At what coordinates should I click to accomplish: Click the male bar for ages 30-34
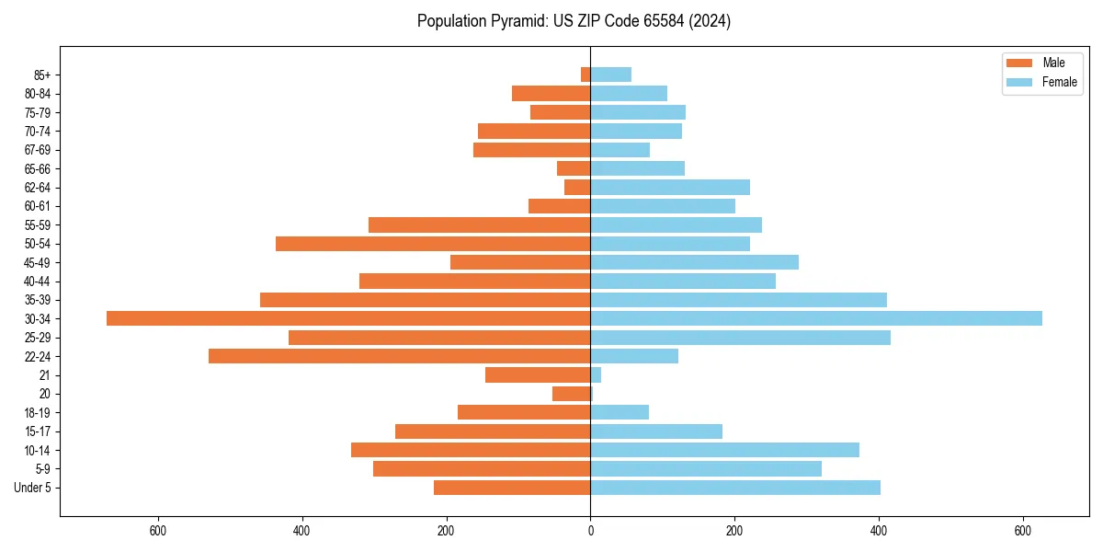coord(348,318)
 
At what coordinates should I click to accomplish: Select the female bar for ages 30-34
coord(816,318)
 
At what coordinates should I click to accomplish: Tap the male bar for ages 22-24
coord(400,356)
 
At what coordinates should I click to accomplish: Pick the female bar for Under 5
coord(735,488)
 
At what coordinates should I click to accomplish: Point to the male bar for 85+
coord(586,75)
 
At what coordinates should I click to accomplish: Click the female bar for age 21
coord(596,375)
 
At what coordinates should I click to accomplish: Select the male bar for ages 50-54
coord(433,244)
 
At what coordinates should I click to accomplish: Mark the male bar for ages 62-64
coord(577,188)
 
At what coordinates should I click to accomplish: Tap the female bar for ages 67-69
coord(620,150)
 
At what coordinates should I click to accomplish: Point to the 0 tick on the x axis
coord(590,530)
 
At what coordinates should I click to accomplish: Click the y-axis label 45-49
coord(38,262)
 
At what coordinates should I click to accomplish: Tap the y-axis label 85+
coord(41,75)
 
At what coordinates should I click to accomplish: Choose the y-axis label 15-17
coord(38,431)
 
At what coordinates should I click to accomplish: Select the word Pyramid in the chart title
coord(519,21)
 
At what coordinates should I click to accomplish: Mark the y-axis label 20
coord(44,394)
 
